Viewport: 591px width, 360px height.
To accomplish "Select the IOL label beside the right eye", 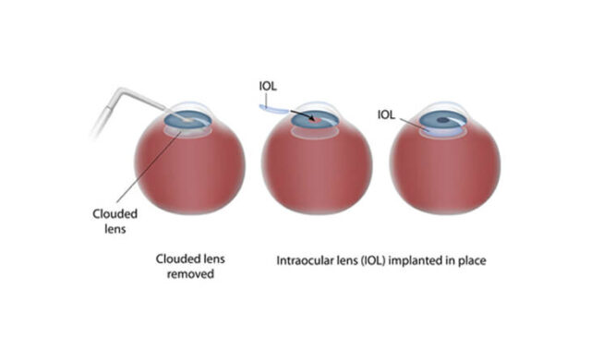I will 388,114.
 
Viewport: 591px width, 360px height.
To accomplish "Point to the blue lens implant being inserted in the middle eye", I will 274,109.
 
